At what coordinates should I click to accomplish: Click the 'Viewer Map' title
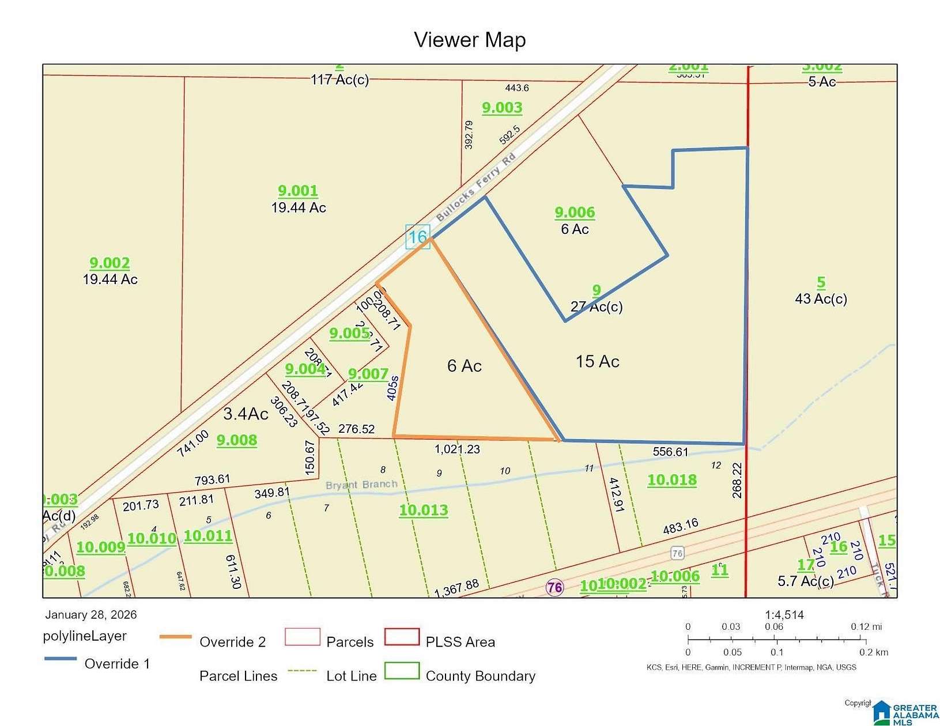470,40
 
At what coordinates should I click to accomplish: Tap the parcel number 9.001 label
298,191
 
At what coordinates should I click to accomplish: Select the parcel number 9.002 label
110,263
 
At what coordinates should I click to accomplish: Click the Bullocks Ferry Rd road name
475,187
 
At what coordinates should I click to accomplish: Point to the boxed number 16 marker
418,236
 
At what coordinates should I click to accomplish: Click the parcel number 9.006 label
575,213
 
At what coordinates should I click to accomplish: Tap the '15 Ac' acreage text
597,362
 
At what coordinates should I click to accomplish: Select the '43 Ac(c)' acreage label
821,299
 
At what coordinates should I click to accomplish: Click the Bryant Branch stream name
361,485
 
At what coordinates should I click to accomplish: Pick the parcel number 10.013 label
424,510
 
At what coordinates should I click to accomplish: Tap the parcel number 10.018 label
672,480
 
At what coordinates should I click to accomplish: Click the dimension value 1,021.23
457,449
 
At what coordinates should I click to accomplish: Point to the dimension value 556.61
671,452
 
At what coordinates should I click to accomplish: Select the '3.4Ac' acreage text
246,414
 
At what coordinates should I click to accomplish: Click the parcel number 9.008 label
237,440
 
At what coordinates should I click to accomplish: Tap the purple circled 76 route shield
554,588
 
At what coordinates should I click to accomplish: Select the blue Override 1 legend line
60,659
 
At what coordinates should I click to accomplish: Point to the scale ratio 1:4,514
784,615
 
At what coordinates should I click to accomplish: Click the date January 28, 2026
91,614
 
